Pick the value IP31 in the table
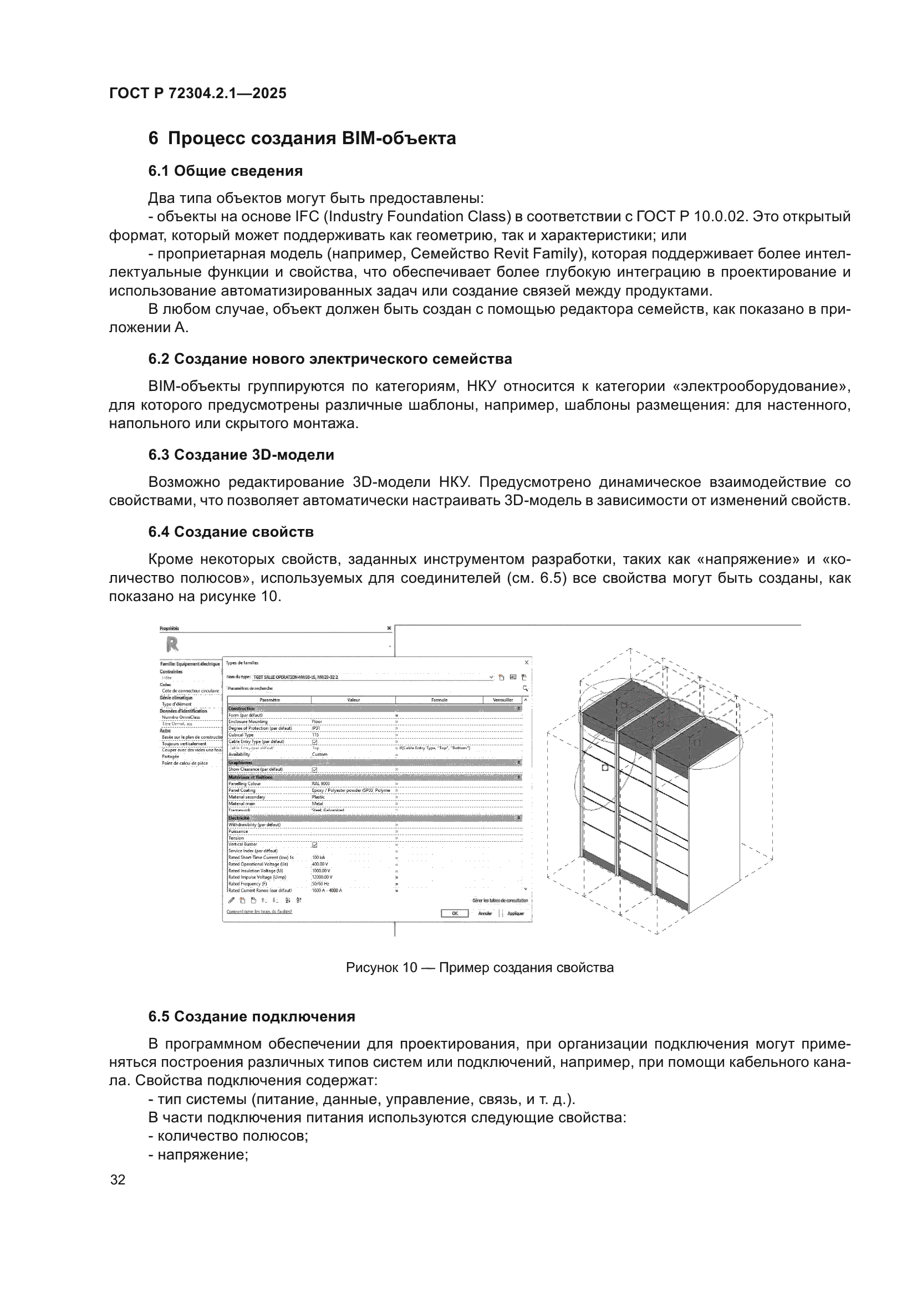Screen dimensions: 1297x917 click(316, 729)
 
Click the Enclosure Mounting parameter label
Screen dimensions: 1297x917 click(247, 722)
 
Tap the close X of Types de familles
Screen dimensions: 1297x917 click(526, 662)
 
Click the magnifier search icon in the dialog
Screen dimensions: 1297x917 click(525, 689)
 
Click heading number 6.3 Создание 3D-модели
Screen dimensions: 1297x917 click(241, 455)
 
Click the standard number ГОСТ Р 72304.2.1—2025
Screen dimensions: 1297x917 click(197, 93)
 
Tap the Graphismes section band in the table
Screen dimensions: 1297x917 click(241, 762)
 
